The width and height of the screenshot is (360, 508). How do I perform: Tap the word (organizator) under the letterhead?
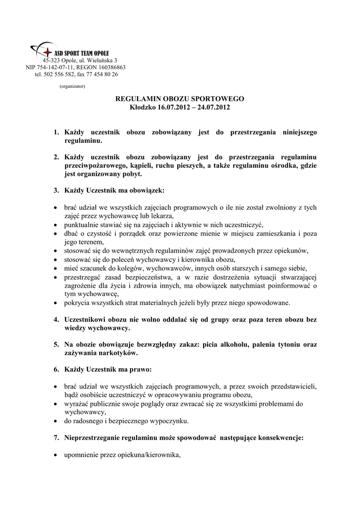point(72,86)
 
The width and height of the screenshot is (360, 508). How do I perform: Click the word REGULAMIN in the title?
point(137,99)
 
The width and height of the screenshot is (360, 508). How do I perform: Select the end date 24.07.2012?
point(214,107)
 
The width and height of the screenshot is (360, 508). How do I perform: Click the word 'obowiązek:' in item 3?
point(147,190)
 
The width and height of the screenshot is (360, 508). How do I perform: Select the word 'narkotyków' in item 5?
point(118,353)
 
